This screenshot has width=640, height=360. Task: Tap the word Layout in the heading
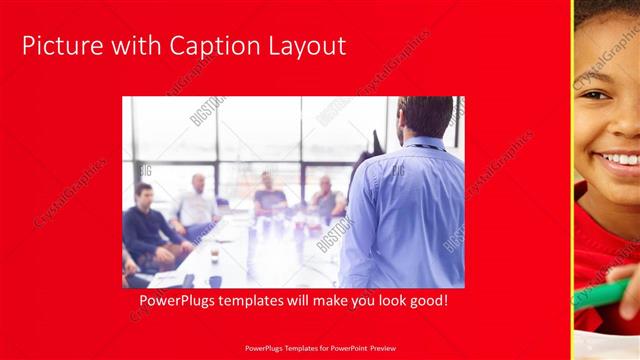(307, 46)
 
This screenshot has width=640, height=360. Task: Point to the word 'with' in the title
(134, 46)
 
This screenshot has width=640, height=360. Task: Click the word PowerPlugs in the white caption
(179, 300)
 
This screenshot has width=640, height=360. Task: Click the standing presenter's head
(424, 117)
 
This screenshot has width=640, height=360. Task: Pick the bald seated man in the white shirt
(197, 205)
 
